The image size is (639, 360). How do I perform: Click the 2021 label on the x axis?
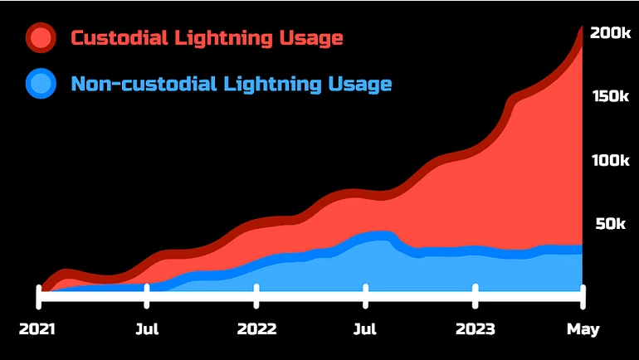coord(37,329)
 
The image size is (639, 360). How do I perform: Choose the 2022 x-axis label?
coord(256,329)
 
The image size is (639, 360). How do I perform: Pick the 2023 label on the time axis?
coord(476,329)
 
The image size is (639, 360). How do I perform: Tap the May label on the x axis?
coord(583,329)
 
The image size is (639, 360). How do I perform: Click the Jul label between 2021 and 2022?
coord(147,329)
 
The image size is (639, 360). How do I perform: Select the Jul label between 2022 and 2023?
coord(366,329)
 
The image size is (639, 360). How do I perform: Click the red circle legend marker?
coord(41,38)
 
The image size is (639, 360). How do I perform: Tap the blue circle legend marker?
coord(41,84)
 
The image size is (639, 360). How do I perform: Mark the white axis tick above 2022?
coord(256,294)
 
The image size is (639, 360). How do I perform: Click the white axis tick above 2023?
coord(476,294)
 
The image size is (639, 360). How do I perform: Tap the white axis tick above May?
coord(583,294)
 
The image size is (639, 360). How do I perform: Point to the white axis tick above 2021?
coord(38,294)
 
